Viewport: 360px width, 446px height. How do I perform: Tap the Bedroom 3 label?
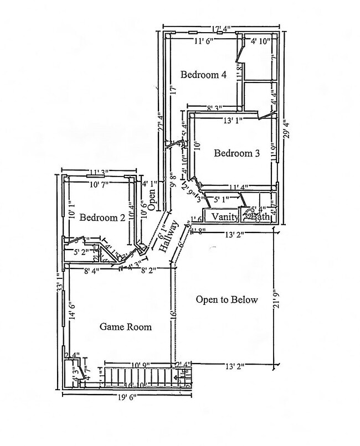point(237,153)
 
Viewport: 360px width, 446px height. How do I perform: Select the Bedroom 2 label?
point(102,217)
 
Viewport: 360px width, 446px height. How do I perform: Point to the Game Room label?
point(126,327)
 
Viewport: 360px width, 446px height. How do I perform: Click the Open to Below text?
point(227,300)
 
